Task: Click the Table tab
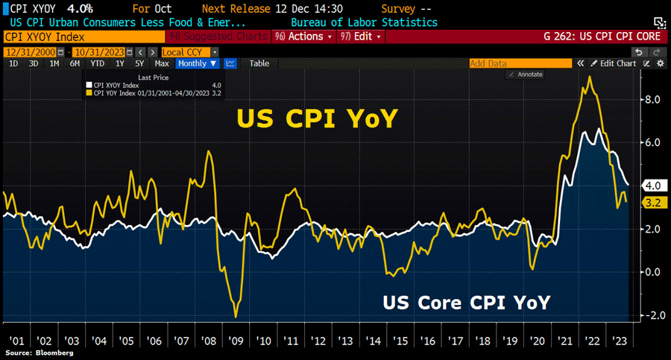259,63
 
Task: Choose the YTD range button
96,63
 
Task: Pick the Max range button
161,63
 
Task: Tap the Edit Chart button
614,63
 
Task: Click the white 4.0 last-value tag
650,186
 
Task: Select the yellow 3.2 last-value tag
650,203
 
